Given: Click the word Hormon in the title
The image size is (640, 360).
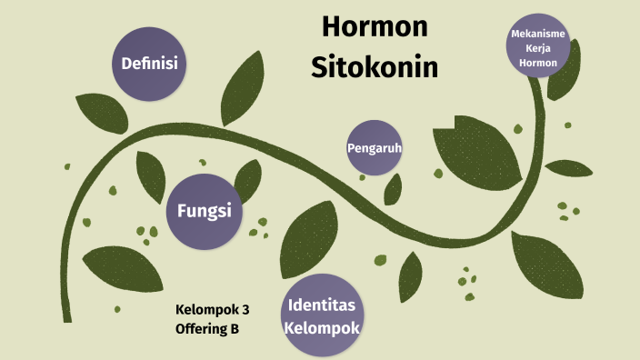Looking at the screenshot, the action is click(375, 28).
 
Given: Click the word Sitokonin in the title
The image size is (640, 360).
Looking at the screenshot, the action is click(375, 65).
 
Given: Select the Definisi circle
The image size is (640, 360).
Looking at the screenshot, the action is click(149, 64).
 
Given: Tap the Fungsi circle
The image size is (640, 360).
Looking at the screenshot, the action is click(204, 211).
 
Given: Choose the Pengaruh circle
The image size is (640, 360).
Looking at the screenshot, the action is click(374, 147).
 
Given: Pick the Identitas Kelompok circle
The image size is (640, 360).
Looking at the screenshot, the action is click(323, 315).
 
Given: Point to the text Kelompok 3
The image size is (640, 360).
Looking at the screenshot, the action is click(213, 309).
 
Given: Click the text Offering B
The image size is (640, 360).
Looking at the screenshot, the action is click(207, 329).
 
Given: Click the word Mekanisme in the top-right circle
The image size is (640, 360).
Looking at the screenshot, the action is click(539, 35).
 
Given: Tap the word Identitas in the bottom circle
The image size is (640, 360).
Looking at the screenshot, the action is click(322, 304).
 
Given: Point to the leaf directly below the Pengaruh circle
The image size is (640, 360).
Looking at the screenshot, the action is click(393, 188).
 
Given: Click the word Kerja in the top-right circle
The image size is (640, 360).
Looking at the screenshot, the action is click(539, 49).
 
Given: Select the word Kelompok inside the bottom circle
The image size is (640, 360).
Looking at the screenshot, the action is click(322, 327).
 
